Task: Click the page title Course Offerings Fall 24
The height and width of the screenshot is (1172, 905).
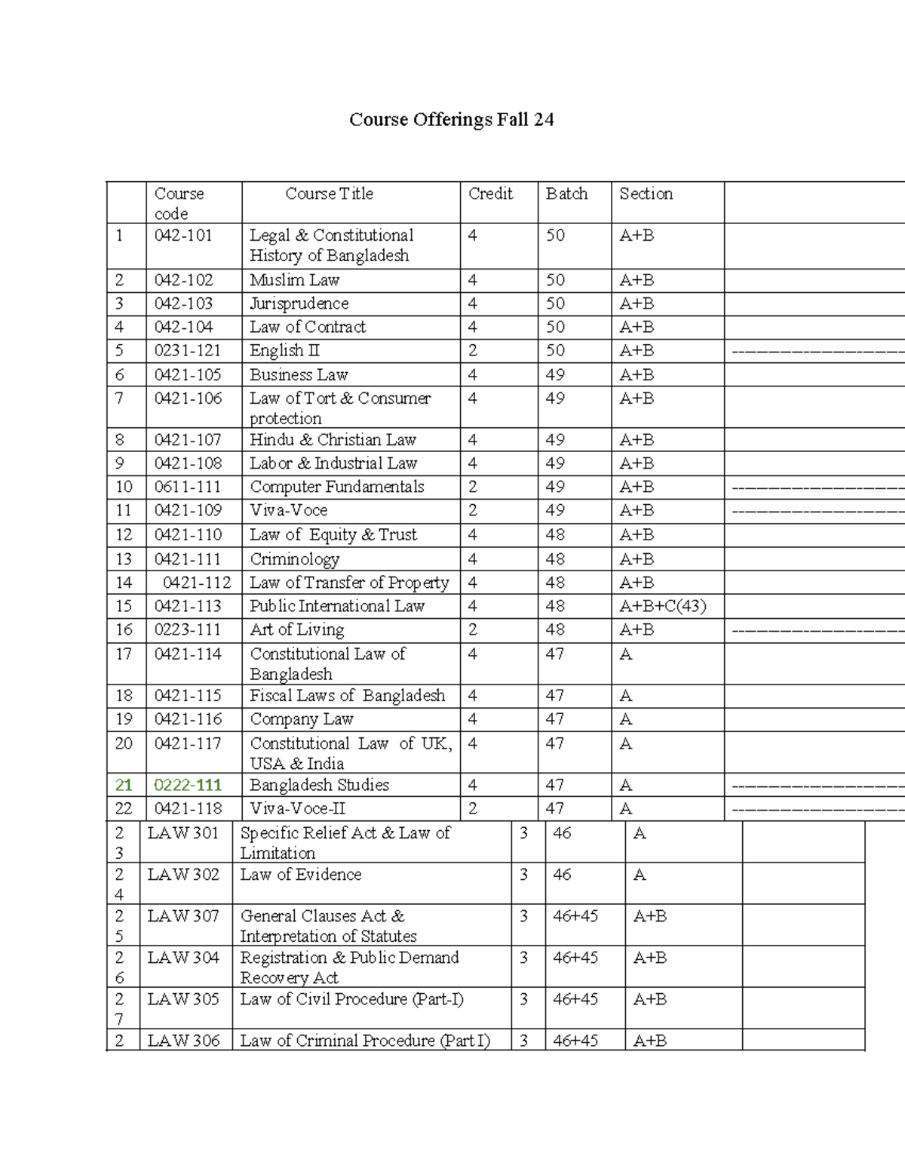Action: pos(451,120)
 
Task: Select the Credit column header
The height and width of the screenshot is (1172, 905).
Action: pos(490,194)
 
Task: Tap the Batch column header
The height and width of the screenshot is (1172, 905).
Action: pos(566,194)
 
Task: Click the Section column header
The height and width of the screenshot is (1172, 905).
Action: pos(646,194)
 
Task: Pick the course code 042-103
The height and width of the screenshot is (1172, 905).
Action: pos(183,303)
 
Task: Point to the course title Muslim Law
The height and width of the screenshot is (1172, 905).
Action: pos(294,280)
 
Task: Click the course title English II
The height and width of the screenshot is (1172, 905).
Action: pos(284,350)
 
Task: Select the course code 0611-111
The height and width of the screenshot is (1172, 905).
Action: pos(188,487)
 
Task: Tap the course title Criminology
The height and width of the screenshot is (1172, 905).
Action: pos(294,559)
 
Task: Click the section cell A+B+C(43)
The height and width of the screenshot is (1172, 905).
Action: pos(662,606)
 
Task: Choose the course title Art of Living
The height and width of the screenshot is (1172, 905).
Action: pos(296,629)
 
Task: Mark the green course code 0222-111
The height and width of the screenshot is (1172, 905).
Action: pos(188,785)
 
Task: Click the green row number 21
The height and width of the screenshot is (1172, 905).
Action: pos(124,785)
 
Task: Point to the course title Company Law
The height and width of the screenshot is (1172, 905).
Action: pos(301,719)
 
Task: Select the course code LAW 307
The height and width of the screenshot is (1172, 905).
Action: pos(183,916)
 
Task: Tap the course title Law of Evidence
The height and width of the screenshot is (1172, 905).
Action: pos(300,875)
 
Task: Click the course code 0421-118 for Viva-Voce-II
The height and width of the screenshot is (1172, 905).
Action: pos(188,808)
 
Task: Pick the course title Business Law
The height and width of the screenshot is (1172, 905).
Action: pos(299,374)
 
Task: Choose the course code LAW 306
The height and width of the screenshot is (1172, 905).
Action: pos(183,1041)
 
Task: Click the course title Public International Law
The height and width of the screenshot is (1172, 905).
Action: pos(337,606)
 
